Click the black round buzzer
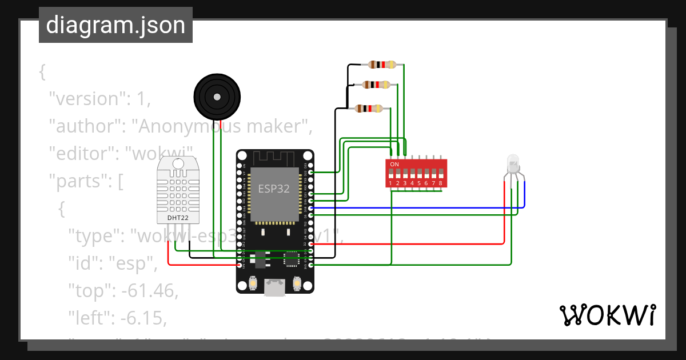(217, 97)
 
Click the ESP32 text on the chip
(274, 189)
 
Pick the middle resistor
(376, 85)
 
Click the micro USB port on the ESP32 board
(275, 288)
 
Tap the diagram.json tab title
(115, 25)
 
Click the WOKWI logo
(607, 315)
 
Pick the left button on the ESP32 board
(253, 282)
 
